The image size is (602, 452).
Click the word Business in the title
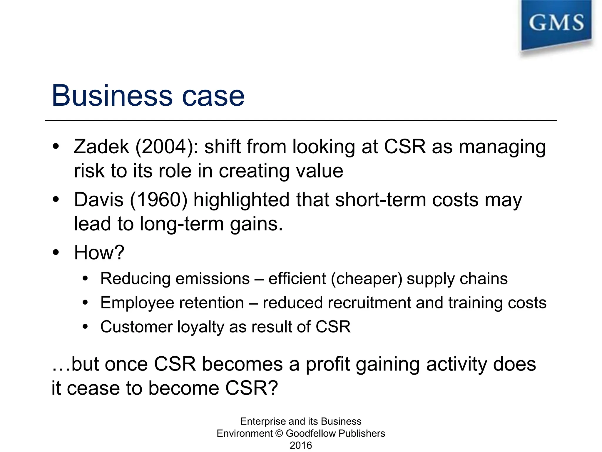tap(112, 96)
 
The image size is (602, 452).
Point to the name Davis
tap(99, 200)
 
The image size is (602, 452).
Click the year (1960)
tap(158, 200)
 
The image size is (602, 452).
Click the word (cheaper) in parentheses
tap(367, 279)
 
